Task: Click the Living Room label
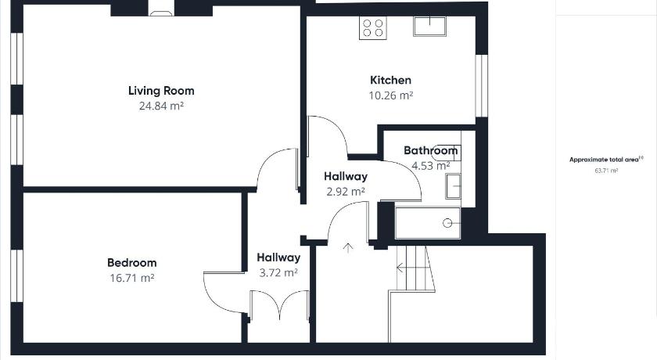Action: (x=161, y=92)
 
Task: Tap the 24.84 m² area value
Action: (x=161, y=106)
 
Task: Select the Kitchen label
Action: (x=390, y=80)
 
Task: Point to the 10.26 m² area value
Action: (x=391, y=95)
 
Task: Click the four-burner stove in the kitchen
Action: (x=373, y=28)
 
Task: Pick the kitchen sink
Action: (x=430, y=27)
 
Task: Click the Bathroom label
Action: (x=431, y=150)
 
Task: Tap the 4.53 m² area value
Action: (x=431, y=166)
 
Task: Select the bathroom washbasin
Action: (x=453, y=186)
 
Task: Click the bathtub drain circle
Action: (x=447, y=223)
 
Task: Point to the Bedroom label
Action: (x=132, y=263)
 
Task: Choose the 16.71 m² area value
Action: (x=132, y=278)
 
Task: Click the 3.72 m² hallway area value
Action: (x=278, y=273)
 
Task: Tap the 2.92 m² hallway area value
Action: (x=346, y=192)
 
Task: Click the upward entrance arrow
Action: (x=348, y=247)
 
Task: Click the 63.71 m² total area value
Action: (x=606, y=171)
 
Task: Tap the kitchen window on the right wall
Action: (x=482, y=85)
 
